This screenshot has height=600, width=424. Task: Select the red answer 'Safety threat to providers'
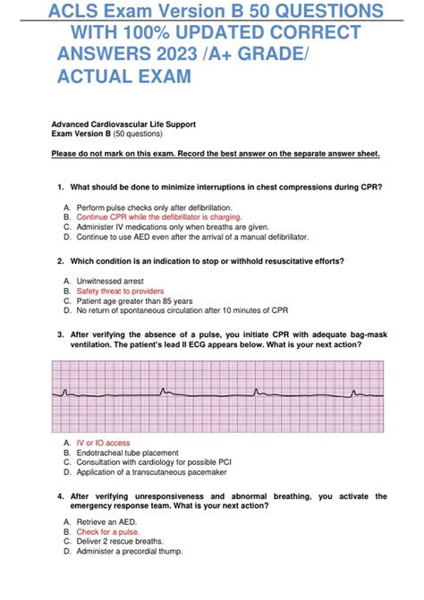pyautogui.click(x=120, y=292)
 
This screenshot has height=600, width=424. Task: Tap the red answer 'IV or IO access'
pyautogui.click(x=103, y=443)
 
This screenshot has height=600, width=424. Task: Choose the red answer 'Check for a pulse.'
pyautogui.click(x=108, y=530)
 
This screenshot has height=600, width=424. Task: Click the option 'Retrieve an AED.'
pyautogui.click(x=106, y=520)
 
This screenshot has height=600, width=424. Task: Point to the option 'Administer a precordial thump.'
pyautogui.click(x=129, y=552)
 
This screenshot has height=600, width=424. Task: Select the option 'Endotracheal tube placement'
pyautogui.click(x=127, y=453)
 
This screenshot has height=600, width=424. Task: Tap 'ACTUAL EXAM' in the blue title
pyautogui.click(x=124, y=78)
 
